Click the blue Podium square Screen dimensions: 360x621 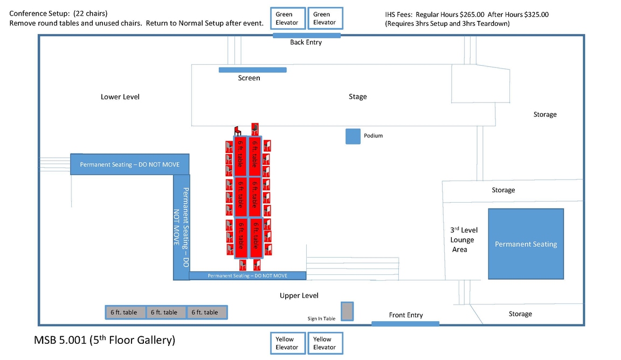pyautogui.click(x=353, y=136)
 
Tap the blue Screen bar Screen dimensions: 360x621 pyautogui.click(x=252, y=70)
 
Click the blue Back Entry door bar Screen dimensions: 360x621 pyautogui.click(x=306, y=36)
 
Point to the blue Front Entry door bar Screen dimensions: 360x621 pyautogui.click(x=405, y=323)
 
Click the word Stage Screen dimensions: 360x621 pyautogui.click(x=357, y=97)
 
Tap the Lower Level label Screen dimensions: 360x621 pyautogui.click(x=120, y=97)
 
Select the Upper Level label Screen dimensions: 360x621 pyautogui.click(x=299, y=295)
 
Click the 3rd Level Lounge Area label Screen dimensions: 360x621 pyautogui.click(x=463, y=240)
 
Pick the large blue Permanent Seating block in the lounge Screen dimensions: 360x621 pyautogui.click(x=526, y=244)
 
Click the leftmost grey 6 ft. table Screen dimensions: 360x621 pyautogui.click(x=125, y=313)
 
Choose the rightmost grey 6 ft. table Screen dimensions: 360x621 pyautogui.click(x=207, y=313)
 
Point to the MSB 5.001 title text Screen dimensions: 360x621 pyautogui.click(x=105, y=341)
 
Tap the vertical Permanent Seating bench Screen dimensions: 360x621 pyautogui.click(x=181, y=227)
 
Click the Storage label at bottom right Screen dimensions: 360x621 pyautogui.click(x=520, y=314)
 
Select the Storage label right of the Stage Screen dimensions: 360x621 pyautogui.click(x=545, y=115)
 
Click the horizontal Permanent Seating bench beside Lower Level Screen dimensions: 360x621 pyautogui.click(x=130, y=164)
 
